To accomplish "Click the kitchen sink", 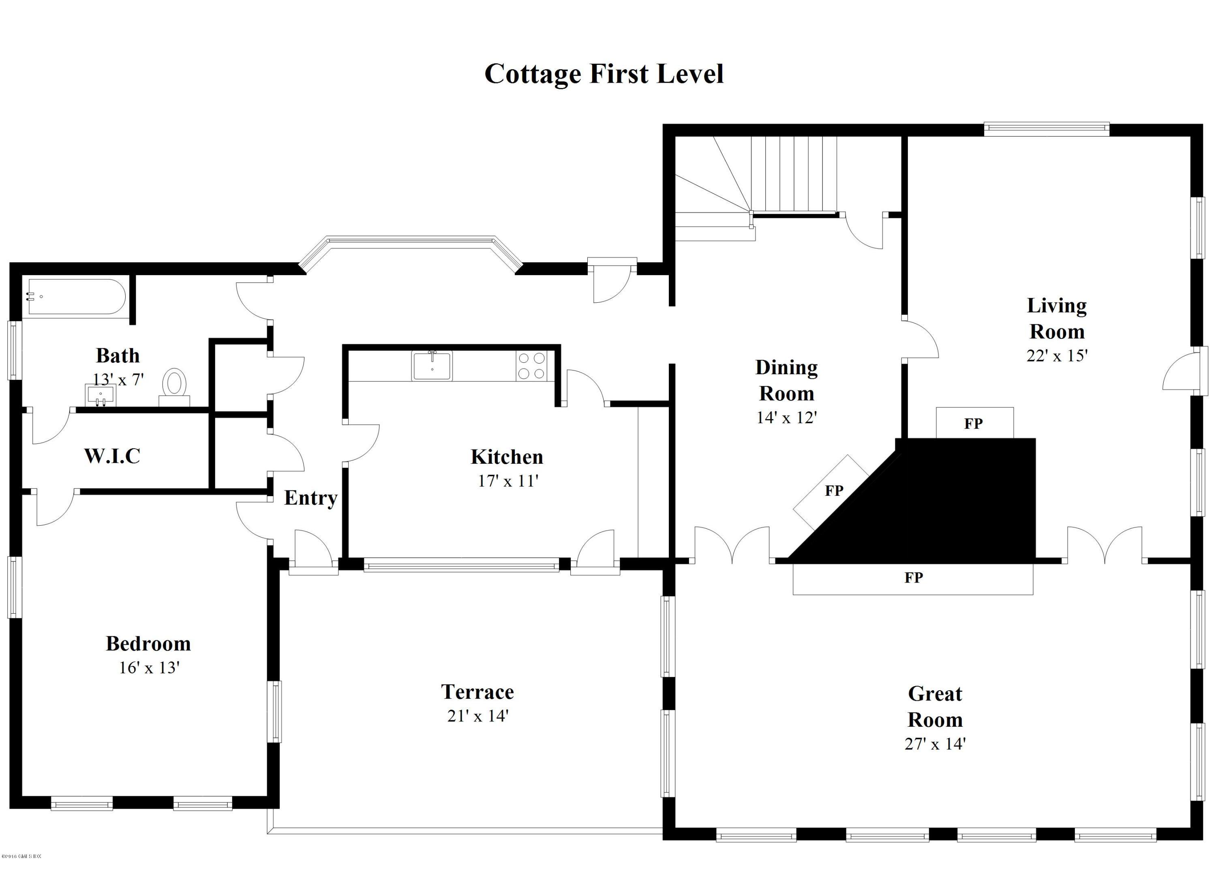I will [x=432, y=366].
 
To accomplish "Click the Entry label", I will [x=310, y=497].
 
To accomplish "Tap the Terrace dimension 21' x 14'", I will [x=477, y=716].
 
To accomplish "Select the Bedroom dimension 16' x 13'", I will [x=148, y=668].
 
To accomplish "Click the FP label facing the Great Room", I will [x=913, y=577].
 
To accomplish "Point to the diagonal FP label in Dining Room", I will [x=834, y=490].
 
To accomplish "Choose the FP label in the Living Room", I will [x=973, y=424].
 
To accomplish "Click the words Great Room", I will [x=935, y=706].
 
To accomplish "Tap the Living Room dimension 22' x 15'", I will [x=1056, y=356].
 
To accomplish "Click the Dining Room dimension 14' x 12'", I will [x=786, y=417].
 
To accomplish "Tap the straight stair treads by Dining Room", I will [x=794, y=174].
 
